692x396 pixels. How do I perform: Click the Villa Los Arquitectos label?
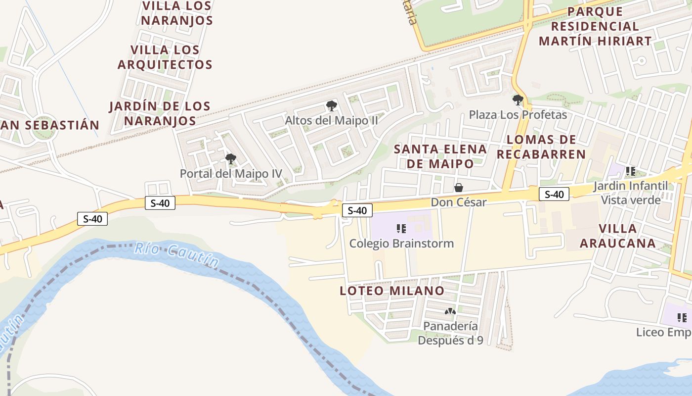[x=165, y=57]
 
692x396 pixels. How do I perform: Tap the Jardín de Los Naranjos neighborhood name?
[x=160, y=113]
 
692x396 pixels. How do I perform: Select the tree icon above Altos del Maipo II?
[x=332, y=105]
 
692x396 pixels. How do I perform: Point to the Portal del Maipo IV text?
[x=231, y=174]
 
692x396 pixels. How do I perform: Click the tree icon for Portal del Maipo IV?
[x=230, y=159]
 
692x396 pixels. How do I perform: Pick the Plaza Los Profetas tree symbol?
[x=518, y=100]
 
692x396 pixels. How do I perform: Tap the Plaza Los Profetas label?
[x=518, y=115]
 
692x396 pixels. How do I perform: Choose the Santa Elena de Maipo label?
[x=440, y=156]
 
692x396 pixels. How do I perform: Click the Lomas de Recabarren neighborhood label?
[x=541, y=147]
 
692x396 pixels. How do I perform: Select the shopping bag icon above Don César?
[x=459, y=188]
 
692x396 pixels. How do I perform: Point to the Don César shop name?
[x=459, y=202]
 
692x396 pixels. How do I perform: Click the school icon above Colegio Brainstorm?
[x=401, y=229]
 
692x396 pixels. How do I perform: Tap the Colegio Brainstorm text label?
[x=401, y=244]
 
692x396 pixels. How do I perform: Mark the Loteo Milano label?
[x=392, y=291]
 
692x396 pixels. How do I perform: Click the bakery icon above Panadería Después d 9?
[x=450, y=311]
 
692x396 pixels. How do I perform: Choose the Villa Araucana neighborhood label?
[x=617, y=236]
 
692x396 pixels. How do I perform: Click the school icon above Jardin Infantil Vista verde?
[x=630, y=171]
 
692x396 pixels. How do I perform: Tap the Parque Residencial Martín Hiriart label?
[x=595, y=26]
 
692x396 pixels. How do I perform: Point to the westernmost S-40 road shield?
[x=92, y=219]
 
